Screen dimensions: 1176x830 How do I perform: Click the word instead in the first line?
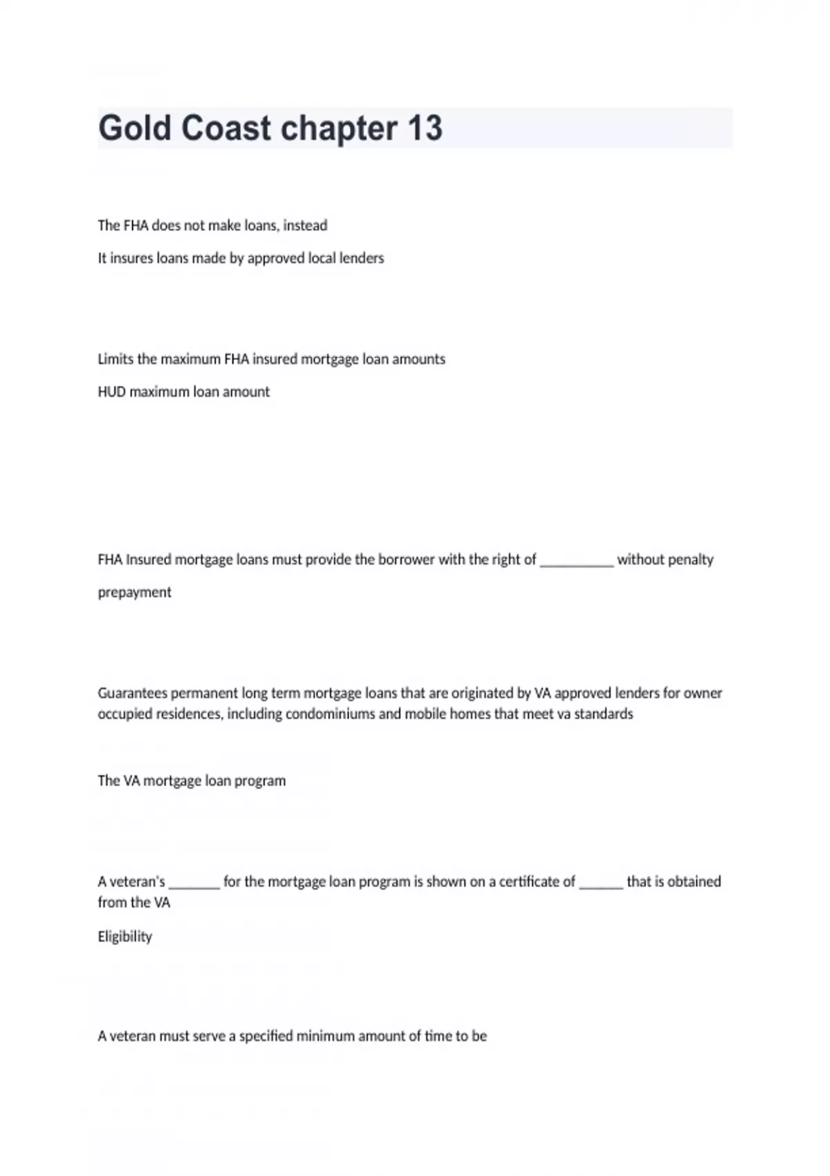point(305,226)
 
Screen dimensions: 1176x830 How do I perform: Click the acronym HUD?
point(111,392)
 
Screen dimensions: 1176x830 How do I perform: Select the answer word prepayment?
point(134,592)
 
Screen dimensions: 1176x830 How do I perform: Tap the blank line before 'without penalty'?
point(576,562)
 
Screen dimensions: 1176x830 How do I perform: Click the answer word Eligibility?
point(124,937)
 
